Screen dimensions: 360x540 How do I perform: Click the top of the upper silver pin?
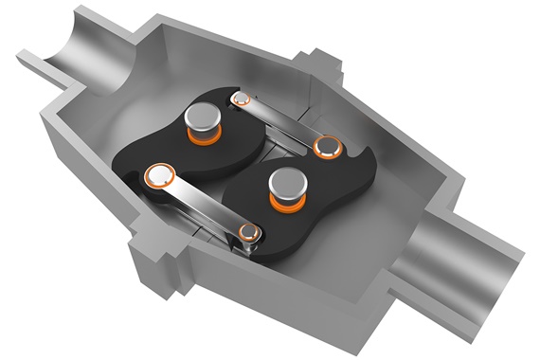pos(202,117)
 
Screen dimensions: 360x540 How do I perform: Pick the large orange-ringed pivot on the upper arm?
pos(329,145)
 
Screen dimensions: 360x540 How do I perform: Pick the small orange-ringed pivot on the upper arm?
pos(241,97)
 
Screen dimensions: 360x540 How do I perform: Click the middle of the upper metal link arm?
pos(284,120)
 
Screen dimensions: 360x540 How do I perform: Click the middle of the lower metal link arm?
pos(204,203)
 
